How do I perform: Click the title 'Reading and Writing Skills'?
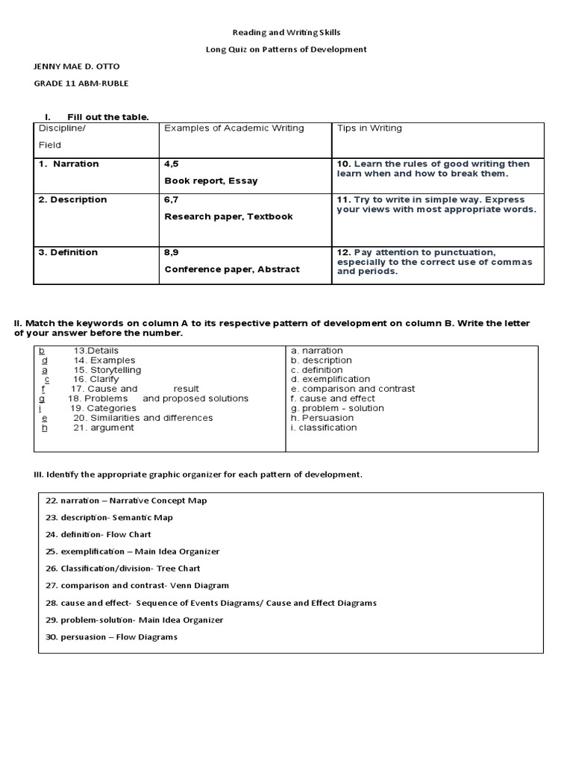(x=286, y=33)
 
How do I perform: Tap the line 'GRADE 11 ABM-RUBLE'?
(x=81, y=84)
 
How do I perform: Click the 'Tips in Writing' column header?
(x=369, y=128)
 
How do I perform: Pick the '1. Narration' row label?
(x=69, y=164)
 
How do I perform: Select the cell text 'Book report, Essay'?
(x=211, y=181)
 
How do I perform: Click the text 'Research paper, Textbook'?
(x=228, y=216)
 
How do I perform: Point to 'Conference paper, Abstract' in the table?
(x=231, y=269)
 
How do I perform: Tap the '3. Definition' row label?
(x=68, y=252)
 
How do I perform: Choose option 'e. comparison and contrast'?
(x=353, y=389)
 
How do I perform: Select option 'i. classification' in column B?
(x=324, y=428)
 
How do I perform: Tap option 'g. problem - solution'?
(x=337, y=408)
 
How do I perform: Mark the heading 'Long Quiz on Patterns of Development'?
(x=286, y=50)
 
